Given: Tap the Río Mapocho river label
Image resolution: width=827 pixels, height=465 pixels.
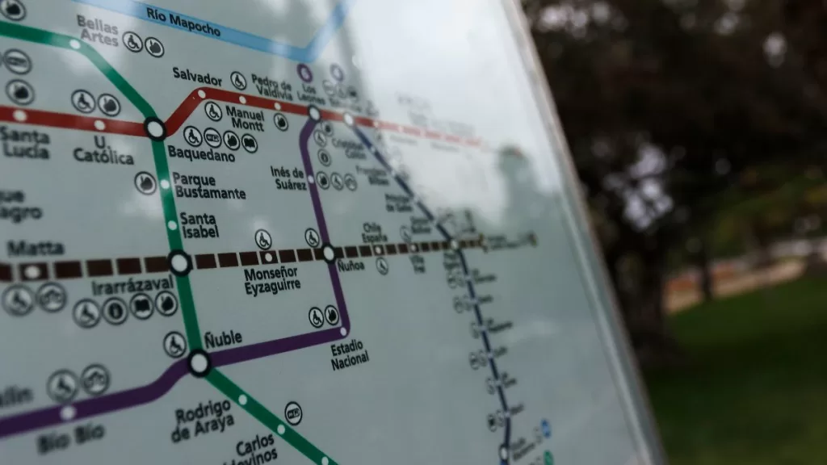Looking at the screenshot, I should [x=183, y=23].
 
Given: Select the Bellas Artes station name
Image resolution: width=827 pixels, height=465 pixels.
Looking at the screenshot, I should [x=98, y=30].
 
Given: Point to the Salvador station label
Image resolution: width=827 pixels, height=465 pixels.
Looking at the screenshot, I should [x=197, y=77].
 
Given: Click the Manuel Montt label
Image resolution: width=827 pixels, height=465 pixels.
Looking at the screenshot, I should [x=244, y=117].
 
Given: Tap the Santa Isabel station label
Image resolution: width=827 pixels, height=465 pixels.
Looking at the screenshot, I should [x=198, y=224].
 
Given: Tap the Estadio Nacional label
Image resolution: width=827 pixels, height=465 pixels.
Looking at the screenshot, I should [x=350, y=354].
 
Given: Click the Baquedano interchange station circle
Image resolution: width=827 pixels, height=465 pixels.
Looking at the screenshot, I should [x=155, y=128].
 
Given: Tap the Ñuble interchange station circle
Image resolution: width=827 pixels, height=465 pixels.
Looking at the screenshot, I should [x=199, y=362].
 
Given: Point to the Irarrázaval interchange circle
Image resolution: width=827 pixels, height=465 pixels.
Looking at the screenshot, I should [x=180, y=262].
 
